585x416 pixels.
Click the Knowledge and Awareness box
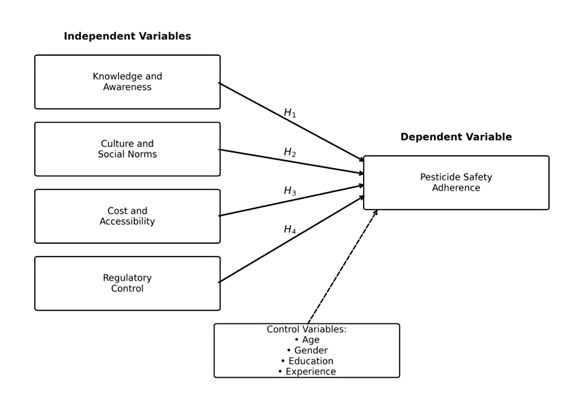pos(127,82)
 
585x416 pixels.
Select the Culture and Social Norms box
pos(127,149)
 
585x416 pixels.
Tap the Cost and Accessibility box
pos(127,217)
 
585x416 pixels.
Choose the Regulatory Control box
pos(127,283)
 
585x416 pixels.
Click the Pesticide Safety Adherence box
pos(456,182)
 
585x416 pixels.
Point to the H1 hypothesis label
pos(290,113)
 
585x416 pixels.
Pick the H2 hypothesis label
pos(290,153)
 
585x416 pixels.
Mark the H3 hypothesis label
pos(290,191)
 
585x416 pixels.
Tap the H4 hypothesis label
pos(290,230)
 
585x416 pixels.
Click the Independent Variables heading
pos(127,37)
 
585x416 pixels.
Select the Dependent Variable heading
pos(456,138)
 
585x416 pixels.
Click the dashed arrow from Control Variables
pos(342,267)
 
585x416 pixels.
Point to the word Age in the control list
pos(311,340)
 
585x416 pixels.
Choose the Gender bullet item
pos(311,351)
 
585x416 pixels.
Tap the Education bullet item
pos(311,361)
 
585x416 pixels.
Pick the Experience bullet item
pos(311,372)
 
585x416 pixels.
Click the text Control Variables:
pos(306,330)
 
